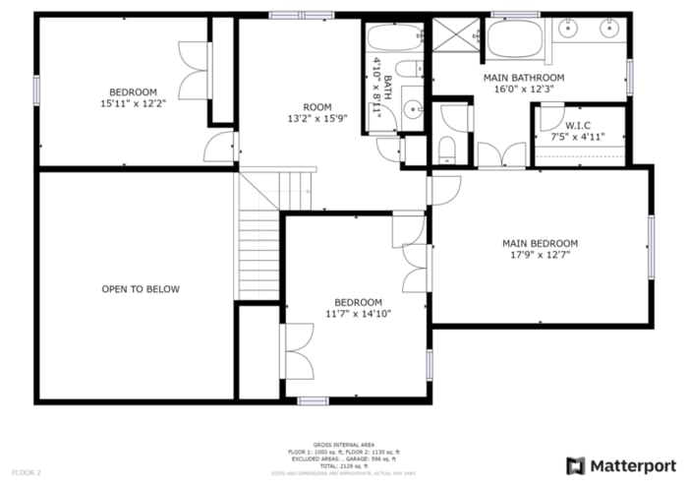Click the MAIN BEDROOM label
pyautogui.click(x=540, y=243)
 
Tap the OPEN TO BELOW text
pyautogui.click(x=141, y=289)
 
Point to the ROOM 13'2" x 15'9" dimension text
pyautogui.click(x=316, y=119)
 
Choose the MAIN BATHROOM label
pyautogui.click(x=524, y=77)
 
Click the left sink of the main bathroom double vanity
pyautogui.click(x=568, y=30)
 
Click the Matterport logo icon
pyautogui.click(x=576, y=465)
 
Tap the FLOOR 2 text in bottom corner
pyautogui.click(x=26, y=473)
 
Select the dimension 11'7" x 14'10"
pyautogui.click(x=359, y=314)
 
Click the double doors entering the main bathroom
pyautogui.click(x=501, y=155)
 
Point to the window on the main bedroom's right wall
pyautogui.click(x=650, y=246)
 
